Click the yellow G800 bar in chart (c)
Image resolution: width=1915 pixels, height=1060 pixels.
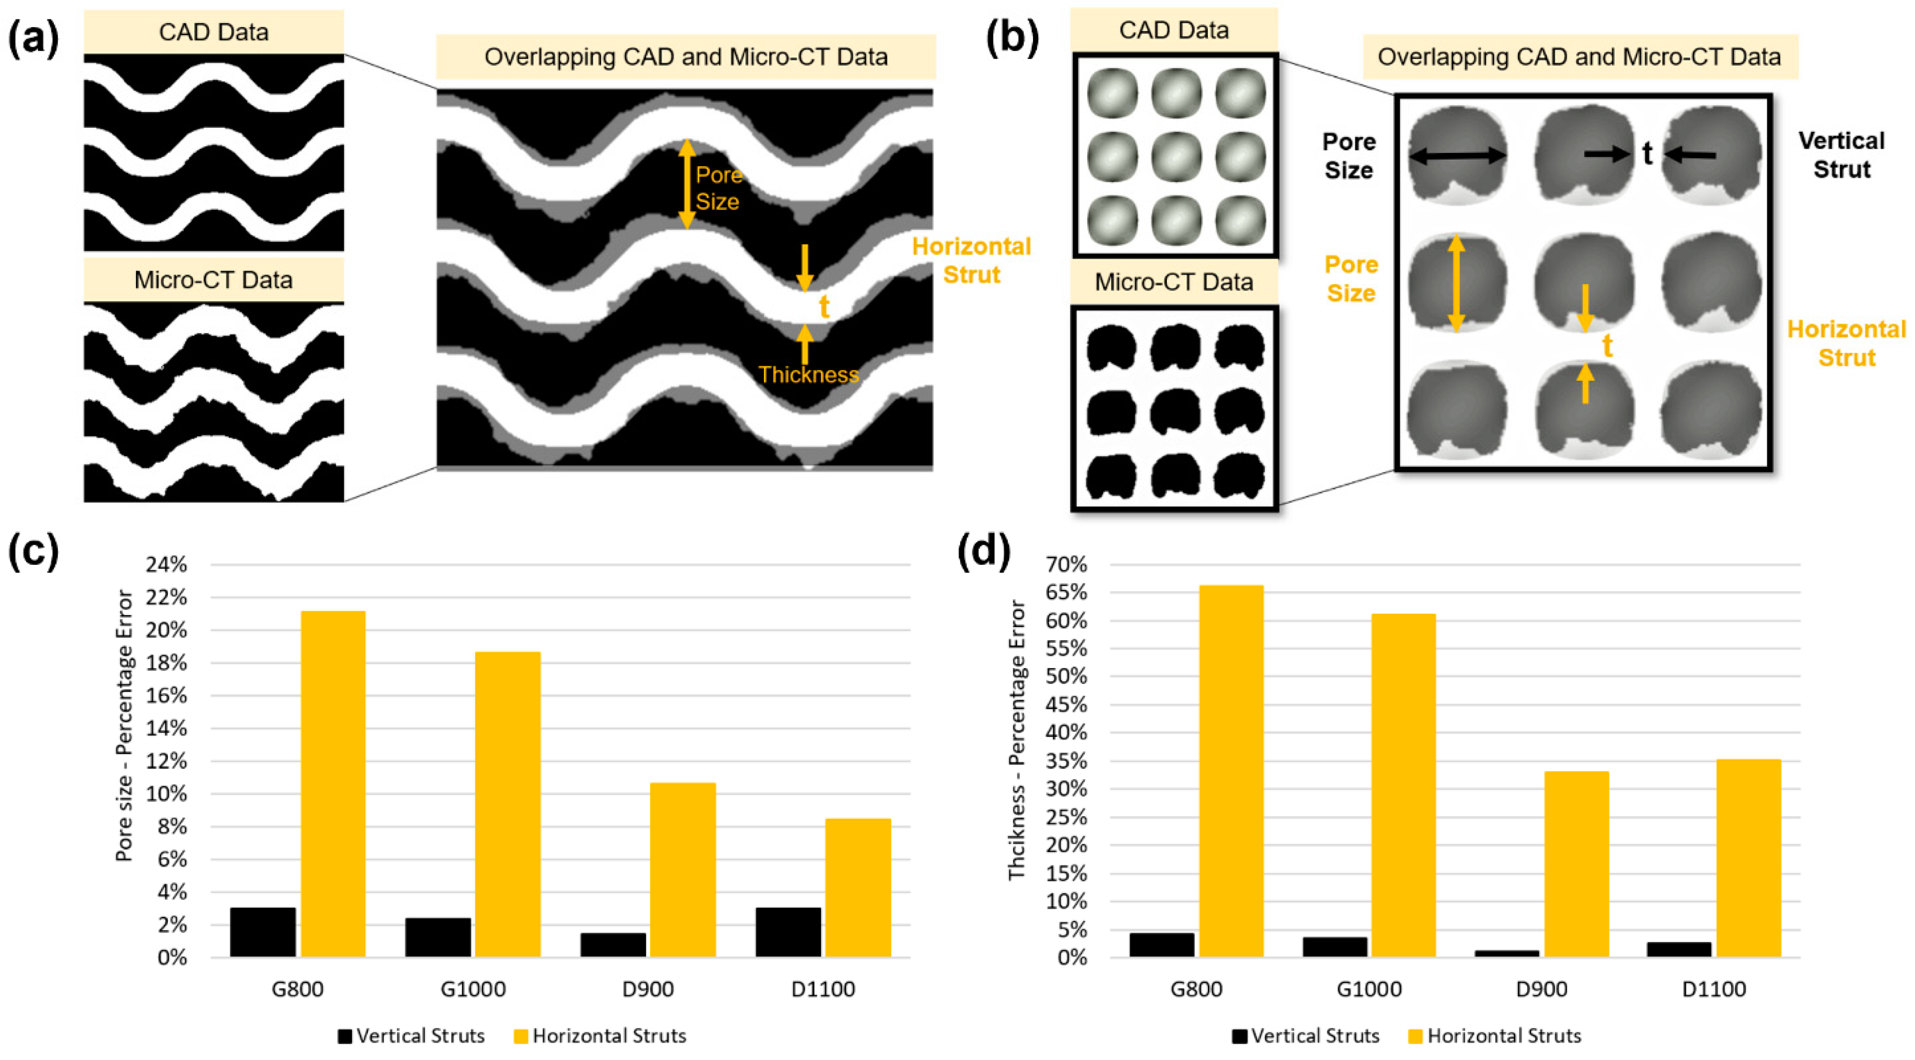[333, 783]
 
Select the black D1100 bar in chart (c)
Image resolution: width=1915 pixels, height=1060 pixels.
[788, 932]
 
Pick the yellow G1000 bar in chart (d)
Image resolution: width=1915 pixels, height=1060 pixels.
[1403, 785]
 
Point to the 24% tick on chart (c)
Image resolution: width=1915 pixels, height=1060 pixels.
[165, 565]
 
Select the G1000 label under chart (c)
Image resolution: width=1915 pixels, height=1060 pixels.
[473, 989]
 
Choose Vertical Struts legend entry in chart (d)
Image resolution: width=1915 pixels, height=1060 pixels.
[1305, 1035]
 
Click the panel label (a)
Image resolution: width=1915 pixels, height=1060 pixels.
[33, 37]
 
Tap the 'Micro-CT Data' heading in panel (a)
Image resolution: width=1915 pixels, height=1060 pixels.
[213, 280]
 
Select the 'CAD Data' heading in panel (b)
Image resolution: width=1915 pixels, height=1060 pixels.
[1174, 30]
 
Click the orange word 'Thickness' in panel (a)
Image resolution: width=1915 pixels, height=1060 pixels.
[809, 375]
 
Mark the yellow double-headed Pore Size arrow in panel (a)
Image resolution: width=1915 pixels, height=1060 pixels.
[686, 184]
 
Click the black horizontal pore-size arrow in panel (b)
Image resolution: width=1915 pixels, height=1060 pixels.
[1457, 156]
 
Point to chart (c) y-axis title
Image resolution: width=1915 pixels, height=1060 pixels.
[124, 725]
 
